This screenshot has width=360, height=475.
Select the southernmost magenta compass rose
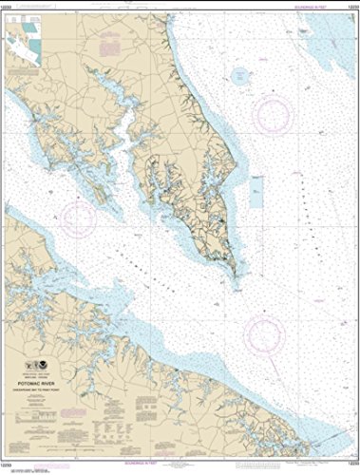(265, 333)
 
